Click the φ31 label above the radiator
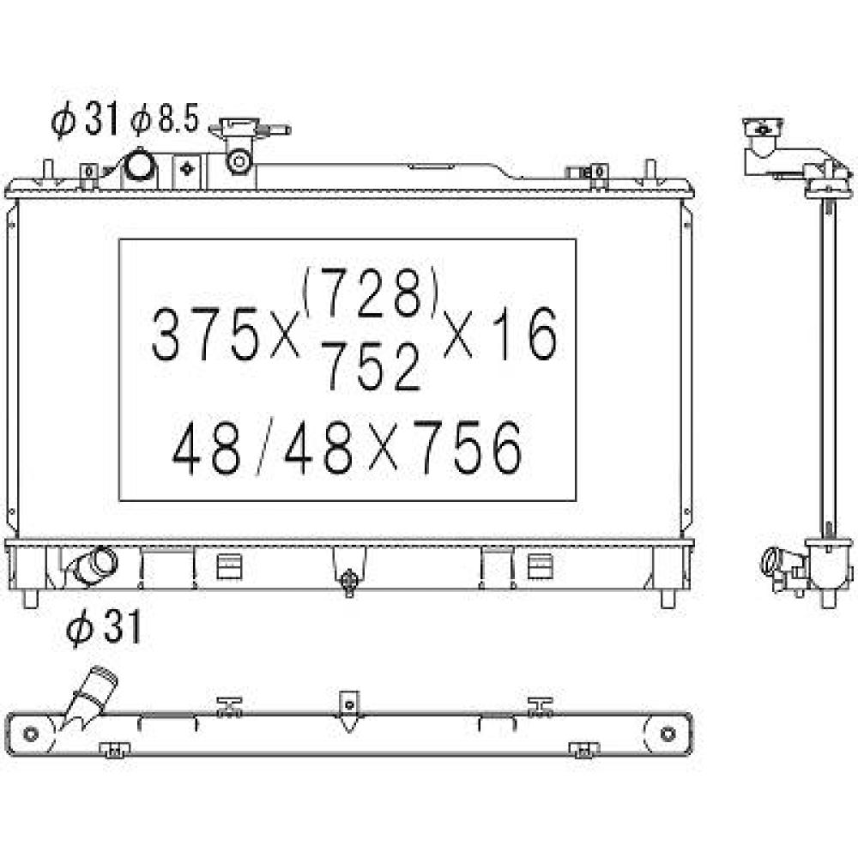pos(85,121)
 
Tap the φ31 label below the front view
pos(103,631)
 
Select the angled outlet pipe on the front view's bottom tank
pos(93,566)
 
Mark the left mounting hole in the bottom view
pos(32,734)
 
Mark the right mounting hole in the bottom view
pos(668,734)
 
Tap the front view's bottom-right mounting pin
pos(668,599)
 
